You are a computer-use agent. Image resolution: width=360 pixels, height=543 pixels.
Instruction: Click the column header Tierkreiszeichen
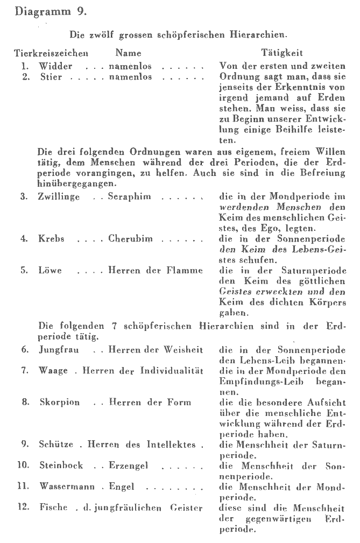coord(51,54)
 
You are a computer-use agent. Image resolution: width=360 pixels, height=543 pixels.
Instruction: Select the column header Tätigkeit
coord(281,54)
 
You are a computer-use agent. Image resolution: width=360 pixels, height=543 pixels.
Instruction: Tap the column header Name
coord(128,54)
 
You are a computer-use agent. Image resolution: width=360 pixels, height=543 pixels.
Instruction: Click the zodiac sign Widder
coord(55,66)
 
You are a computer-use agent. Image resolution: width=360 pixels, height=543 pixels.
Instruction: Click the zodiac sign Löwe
coord(50,271)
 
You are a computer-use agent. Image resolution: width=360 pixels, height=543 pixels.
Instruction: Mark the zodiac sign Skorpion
coord(58,403)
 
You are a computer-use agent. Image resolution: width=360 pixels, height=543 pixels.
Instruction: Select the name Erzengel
coord(128,466)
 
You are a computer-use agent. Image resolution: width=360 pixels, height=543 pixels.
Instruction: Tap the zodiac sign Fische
coord(53,508)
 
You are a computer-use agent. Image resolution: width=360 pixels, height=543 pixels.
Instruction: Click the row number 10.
coord(23,466)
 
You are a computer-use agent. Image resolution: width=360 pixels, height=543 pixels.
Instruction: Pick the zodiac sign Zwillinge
coord(59,198)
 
